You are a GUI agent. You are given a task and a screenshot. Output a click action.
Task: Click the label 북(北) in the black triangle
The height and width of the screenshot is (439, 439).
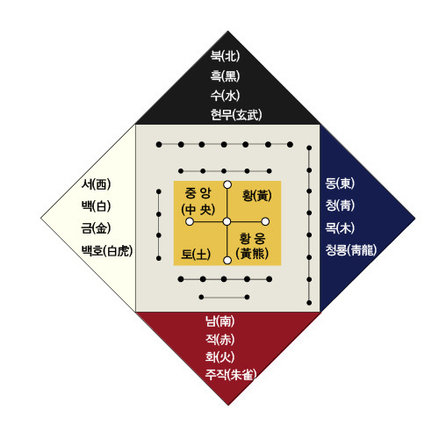tap(225, 55)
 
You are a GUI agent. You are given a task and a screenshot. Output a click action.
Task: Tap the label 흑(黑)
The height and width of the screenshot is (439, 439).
tap(225, 76)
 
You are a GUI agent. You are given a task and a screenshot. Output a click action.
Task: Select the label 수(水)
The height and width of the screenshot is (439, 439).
tap(225, 95)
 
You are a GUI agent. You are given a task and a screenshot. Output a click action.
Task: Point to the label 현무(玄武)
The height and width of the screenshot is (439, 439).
tap(236, 115)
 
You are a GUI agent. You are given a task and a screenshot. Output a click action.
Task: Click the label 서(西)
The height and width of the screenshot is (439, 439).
tap(96, 184)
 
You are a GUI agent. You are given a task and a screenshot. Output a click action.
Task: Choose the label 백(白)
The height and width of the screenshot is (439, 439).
tap(96, 206)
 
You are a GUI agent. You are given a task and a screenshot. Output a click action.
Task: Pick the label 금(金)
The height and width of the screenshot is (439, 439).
tap(96, 228)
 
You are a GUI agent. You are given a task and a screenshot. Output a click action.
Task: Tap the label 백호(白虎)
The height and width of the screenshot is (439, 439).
tap(107, 251)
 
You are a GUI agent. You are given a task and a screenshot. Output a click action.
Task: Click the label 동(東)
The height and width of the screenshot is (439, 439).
tap(340, 184)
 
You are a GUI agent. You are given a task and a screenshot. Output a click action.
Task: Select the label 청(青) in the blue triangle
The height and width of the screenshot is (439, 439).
tap(340, 205)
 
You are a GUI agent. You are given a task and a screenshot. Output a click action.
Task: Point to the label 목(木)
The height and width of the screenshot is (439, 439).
tap(340, 228)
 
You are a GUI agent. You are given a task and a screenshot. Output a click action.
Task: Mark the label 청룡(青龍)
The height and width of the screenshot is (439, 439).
tap(351, 250)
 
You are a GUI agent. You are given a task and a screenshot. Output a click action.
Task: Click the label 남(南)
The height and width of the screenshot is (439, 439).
tap(219, 321)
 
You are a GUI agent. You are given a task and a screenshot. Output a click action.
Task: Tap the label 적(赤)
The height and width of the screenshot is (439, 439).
tap(219, 340)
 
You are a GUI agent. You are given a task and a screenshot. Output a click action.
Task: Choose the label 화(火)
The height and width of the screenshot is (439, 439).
tap(219, 357)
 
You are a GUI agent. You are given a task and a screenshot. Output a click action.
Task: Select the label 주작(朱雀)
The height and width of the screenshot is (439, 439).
tap(231, 375)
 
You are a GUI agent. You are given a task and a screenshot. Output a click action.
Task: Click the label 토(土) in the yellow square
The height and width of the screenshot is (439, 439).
tap(196, 254)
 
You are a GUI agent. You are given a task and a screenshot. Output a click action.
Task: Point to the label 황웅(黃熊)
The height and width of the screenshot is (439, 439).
tap(252, 246)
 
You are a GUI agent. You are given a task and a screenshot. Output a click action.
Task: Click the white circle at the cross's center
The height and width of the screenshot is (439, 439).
tap(227, 222)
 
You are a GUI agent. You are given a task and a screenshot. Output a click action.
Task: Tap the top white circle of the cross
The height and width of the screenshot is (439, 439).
tap(227, 184)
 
